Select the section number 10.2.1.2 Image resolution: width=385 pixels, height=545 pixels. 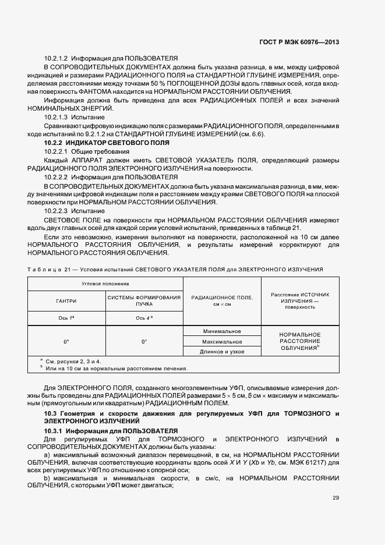click(56, 59)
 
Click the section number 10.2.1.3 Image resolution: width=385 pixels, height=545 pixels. click(56, 117)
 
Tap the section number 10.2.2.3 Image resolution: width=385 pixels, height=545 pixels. click(56, 210)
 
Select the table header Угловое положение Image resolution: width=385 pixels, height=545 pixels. click(105, 283)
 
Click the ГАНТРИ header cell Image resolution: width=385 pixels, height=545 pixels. click(66, 300)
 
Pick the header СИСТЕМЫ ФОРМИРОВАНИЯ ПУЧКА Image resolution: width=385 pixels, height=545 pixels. click(143, 300)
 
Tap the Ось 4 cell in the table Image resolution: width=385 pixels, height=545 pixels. click(143, 318)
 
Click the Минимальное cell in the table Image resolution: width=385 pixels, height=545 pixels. click(222, 331)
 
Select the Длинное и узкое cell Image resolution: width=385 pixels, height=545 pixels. click(222, 352)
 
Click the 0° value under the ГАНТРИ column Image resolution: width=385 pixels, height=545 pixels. click(66, 341)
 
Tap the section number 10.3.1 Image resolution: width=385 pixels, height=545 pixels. click(54, 430)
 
